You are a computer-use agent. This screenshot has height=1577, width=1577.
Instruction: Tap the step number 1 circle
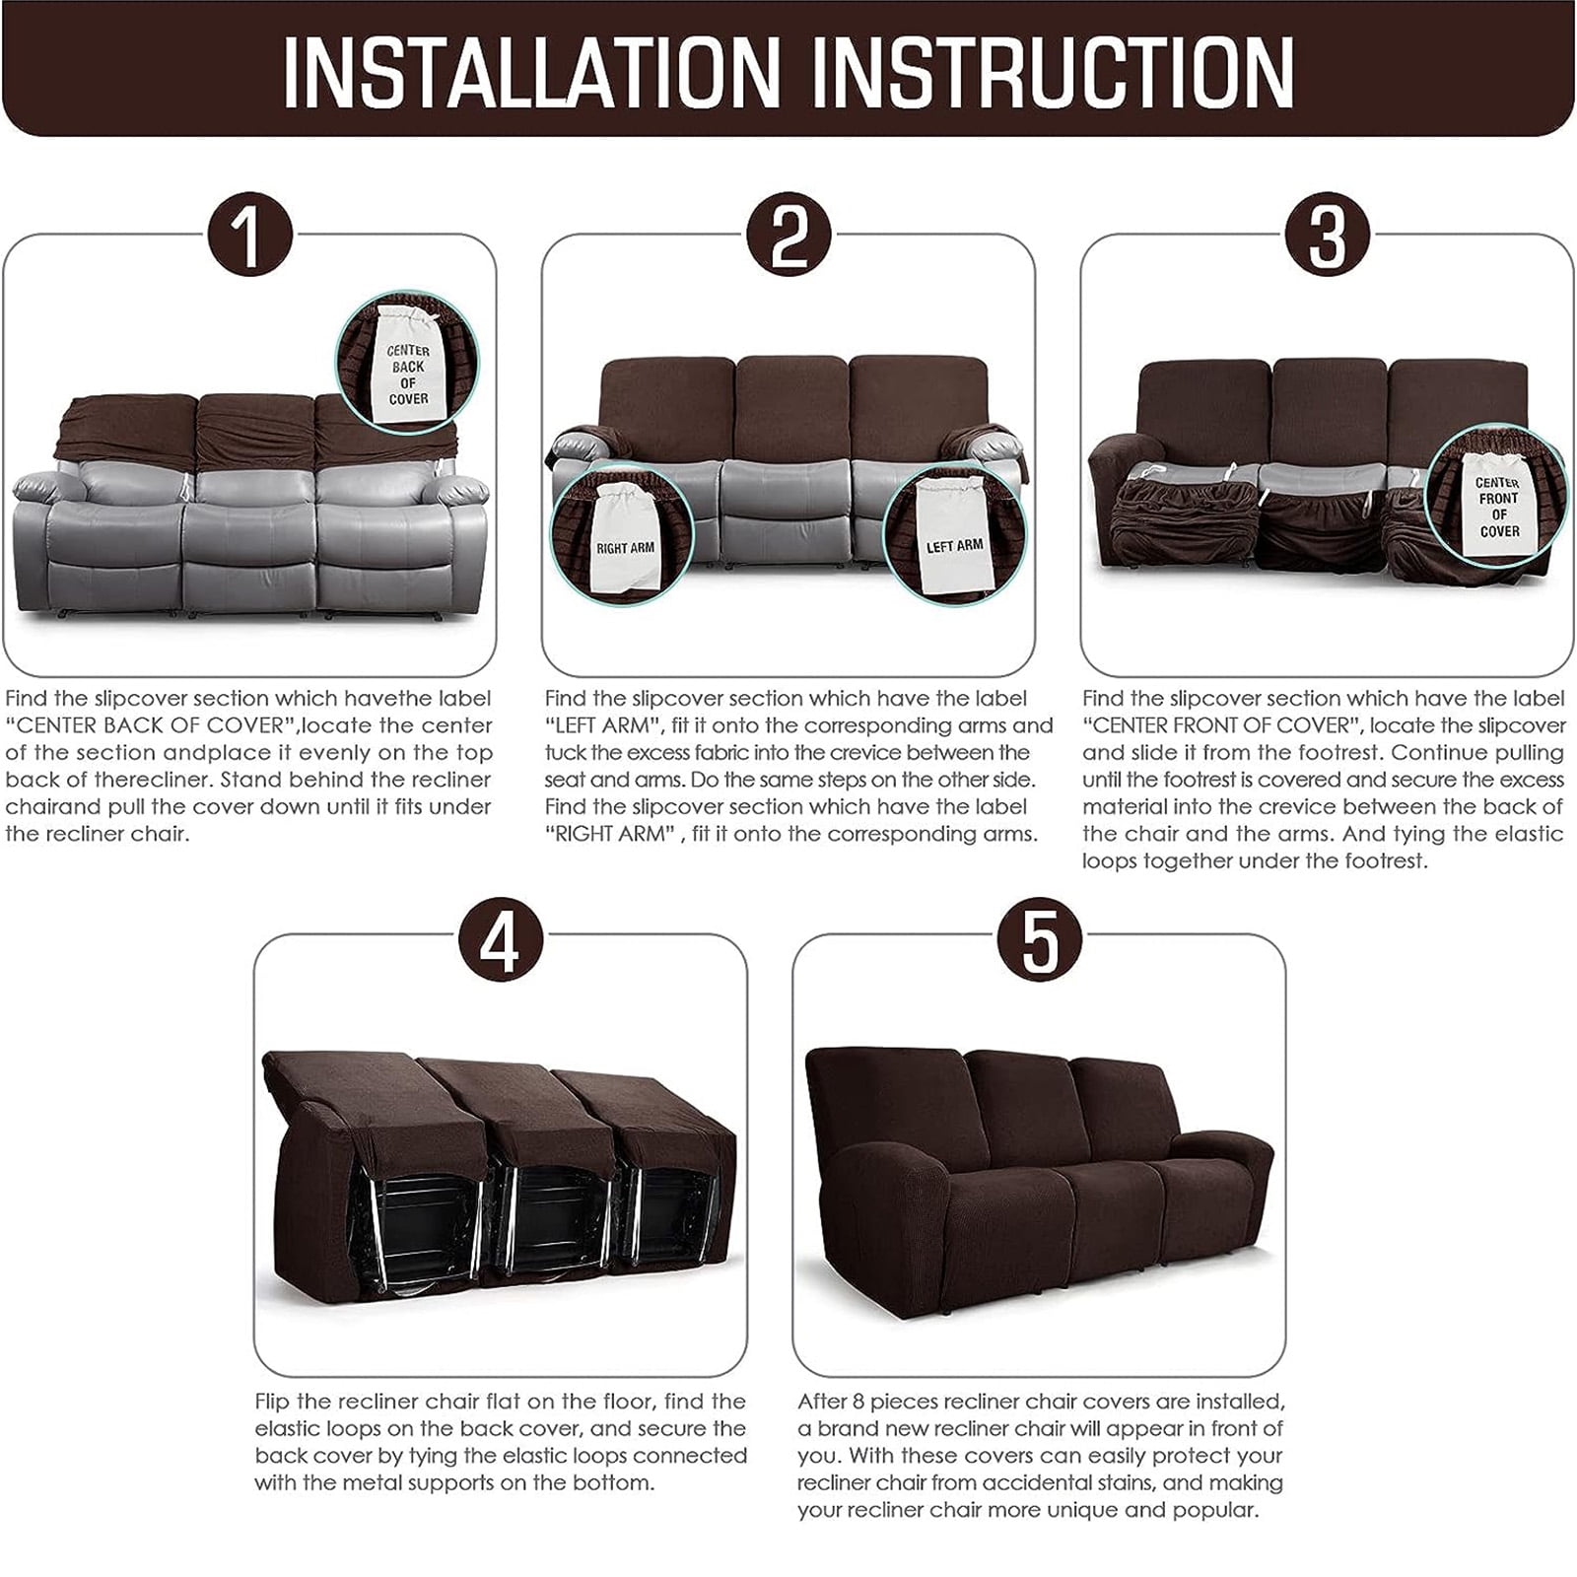[x=249, y=236]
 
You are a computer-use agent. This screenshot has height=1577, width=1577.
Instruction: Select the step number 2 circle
[x=788, y=236]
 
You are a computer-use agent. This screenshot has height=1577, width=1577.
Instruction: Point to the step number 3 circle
[x=1327, y=236]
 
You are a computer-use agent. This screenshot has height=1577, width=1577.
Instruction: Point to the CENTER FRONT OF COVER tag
[x=1497, y=505]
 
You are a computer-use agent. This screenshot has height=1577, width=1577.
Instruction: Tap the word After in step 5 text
[x=822, y=1401]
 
